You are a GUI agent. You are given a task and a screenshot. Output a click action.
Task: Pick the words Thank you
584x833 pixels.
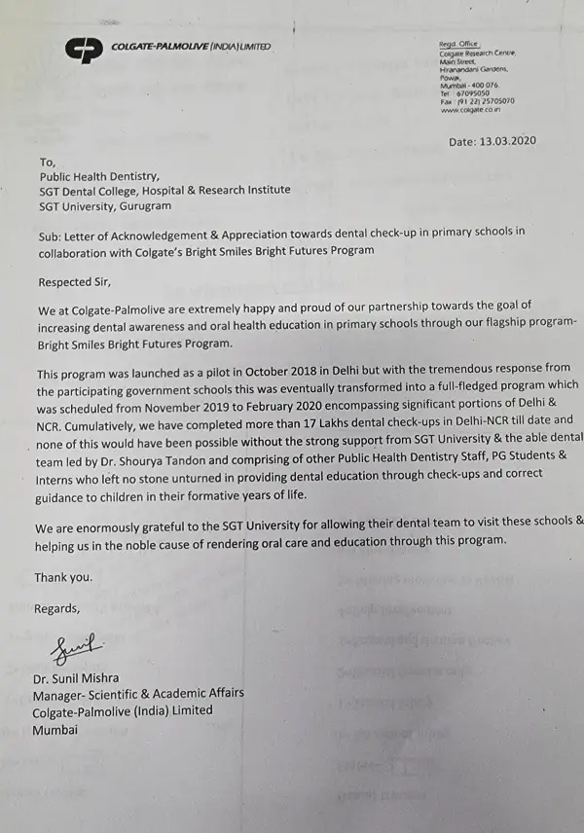pyautogui.click(x=63, y=577)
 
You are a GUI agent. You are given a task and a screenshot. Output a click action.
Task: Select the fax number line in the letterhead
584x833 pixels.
pyautogui.click(x=477, y=101)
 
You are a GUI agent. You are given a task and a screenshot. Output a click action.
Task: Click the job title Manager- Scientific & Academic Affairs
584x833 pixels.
pyautogui.click(x=138, y=693)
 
